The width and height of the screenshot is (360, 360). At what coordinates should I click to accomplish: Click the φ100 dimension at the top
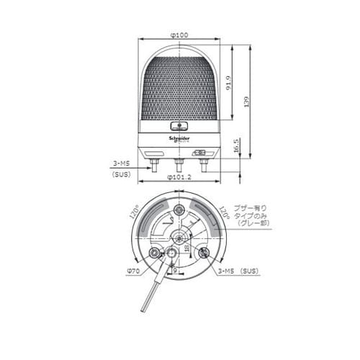coord(179,35)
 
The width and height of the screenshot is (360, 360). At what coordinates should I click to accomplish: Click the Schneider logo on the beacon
coord(179,135)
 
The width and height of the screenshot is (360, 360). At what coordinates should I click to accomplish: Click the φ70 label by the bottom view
coord(132,271)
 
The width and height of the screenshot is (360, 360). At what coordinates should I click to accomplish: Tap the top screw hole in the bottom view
coord(179,210)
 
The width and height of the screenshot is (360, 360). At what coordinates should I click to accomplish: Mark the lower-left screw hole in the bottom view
coord(154,253)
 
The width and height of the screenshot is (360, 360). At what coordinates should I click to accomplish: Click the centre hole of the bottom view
coord(179,238)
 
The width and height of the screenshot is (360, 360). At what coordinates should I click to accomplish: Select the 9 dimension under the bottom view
coord(175,271)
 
